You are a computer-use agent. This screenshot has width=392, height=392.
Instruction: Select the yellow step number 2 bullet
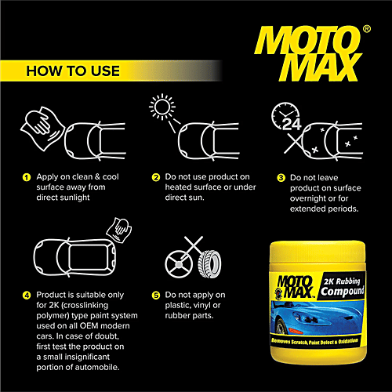[x=156, y=177]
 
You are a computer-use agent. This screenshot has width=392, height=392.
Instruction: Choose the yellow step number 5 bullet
[x=156, y=296]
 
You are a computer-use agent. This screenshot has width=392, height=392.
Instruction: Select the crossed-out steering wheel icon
[x=180, y=264]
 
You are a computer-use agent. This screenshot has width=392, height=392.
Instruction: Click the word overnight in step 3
[x=307, y=199]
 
